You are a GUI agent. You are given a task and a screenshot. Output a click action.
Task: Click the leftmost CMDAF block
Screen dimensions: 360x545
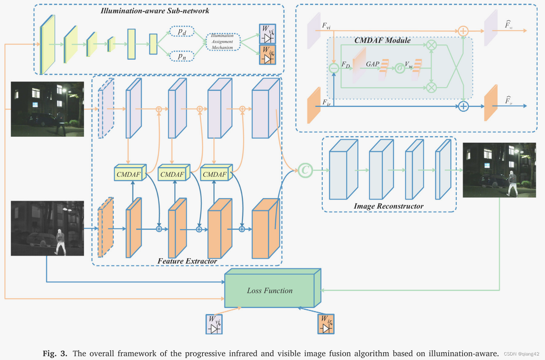pyautogui.click(x=129, y=174)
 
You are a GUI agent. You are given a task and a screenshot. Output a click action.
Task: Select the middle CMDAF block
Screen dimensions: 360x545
pyautogui.click(x=172, y=174)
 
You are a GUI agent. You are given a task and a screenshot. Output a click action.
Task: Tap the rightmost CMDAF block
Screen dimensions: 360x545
pyautogui.click(x=215, y=174)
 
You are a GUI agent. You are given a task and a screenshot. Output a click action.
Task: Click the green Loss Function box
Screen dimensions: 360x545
pyautogui.click(x=270, y=290)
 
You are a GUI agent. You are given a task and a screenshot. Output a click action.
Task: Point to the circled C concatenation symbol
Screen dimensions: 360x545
pyautogui.click(x=305, y=170)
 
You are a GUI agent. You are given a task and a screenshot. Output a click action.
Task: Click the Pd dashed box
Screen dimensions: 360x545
pyautogui.click(x=182, y=32)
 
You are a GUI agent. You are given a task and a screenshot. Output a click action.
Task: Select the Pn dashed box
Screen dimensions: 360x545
pyautogui.click(x=182, y=56)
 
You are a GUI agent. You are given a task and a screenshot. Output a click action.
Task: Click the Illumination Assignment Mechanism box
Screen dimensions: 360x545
pyautogui.click(x=223, y=41)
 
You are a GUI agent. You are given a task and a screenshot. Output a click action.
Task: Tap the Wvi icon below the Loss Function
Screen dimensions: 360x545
pyautogui.click(x=214, y=324)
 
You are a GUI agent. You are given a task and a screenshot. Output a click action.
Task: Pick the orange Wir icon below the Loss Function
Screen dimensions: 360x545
pyautogui.click(x=326, y=324)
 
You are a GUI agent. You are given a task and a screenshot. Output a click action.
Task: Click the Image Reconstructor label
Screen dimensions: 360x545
pyautogui.click(x=388, y=206)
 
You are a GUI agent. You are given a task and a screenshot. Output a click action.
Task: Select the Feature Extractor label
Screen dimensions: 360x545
pyautogui.click(x=187, y=261)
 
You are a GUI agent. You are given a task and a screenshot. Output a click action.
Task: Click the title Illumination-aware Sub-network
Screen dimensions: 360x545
pyautogui.click(x=155, y=11)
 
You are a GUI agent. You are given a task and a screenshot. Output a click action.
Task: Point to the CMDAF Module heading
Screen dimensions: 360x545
pyautogui.click(x=382, y=40)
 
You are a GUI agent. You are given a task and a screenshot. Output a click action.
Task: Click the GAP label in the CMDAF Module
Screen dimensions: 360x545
pyautogui.click(x=372, y=64)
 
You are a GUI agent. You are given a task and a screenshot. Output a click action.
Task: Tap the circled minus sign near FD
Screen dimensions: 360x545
pyautogui.click(x=334, y=68)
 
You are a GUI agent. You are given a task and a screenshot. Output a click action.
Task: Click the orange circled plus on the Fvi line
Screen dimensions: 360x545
pyautogui.click(x=463, y=31)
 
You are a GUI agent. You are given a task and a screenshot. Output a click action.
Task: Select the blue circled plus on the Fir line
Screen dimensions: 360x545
pyautogui.click(x=463, y=106)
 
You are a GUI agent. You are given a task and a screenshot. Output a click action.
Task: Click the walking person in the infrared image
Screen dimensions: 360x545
pyautogui.click(x=60, y=241)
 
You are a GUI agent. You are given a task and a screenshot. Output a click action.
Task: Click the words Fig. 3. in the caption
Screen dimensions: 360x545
pyautogui.click(x=55, y=353)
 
